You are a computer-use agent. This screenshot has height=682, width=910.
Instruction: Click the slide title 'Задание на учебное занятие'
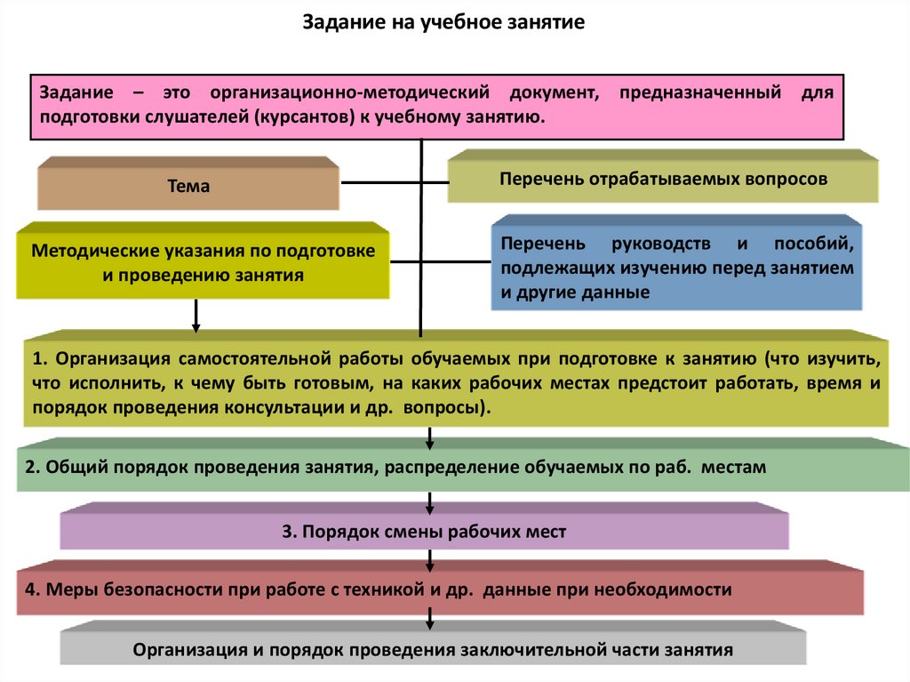444,22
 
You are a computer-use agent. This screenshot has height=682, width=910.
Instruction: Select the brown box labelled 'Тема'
188,187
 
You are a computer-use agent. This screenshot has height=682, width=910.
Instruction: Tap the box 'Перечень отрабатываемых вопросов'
663,179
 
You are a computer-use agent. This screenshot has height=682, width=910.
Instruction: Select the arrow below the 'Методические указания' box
196,316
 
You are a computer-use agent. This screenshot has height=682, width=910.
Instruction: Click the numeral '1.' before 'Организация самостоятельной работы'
40,360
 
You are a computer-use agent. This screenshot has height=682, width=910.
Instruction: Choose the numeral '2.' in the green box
32,467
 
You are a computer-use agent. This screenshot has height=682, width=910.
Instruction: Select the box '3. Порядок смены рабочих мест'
424,532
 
